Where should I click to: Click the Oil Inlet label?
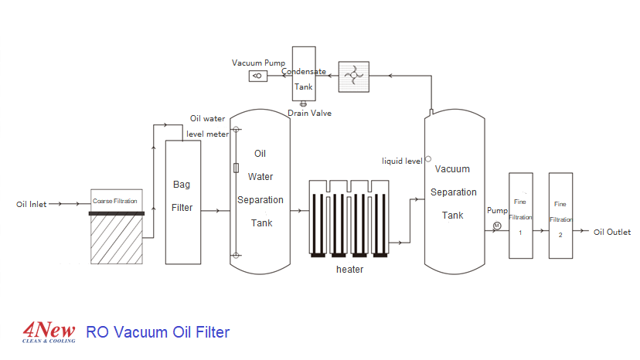click(x=32, y=205)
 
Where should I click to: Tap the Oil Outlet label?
click(x=612, y=233)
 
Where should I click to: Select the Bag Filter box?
click(x=183, y=202)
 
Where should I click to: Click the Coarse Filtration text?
click(x=115, y=201)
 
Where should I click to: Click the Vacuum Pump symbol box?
click(x=257, y=76)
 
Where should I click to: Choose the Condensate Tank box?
click(x=304, y=73)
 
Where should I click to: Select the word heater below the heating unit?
click(x=349, y=270)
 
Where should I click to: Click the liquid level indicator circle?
click(x=428, y=158)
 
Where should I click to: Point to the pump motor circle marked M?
click(x=497, y=226)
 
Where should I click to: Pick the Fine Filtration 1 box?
click(x=520, y=216)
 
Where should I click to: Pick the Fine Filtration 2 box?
click(x=560, y=216)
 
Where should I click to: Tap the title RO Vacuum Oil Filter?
click(x=158, y=333)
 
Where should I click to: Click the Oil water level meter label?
click(x=208, y=127)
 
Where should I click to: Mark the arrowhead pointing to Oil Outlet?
click(x=587, y=232)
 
